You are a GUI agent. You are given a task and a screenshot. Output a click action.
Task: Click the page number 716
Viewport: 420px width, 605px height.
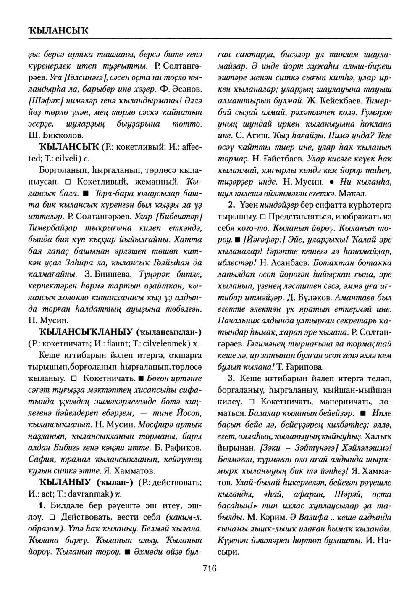(209, 569)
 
